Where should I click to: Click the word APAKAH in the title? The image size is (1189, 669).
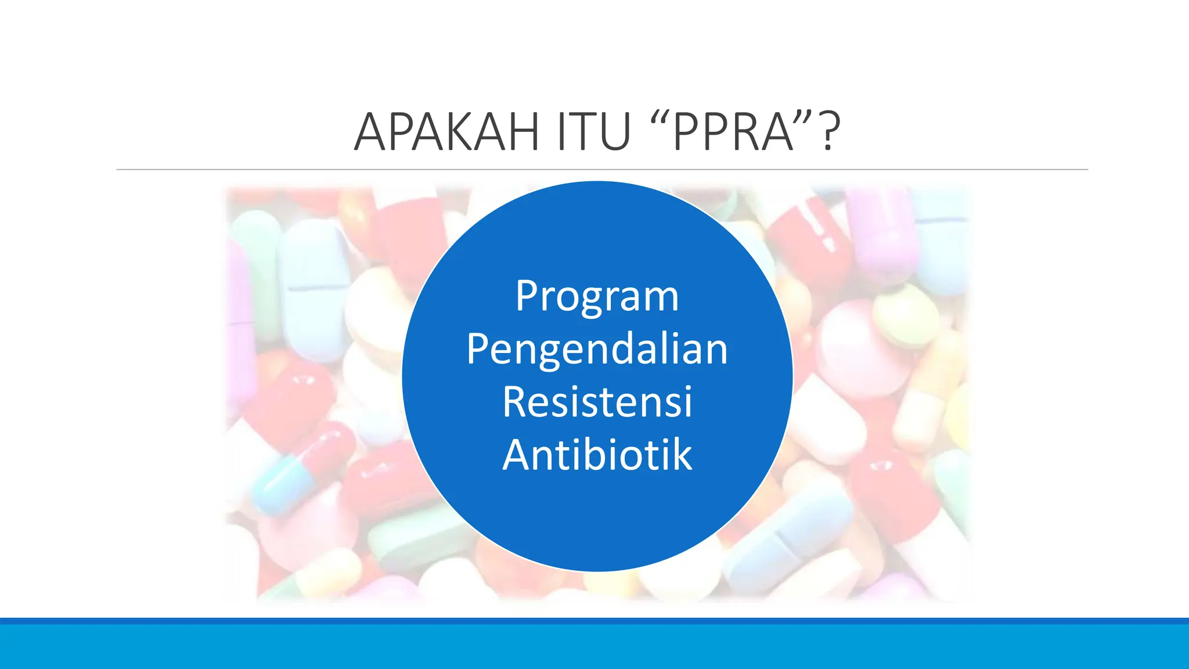tap(446, 132)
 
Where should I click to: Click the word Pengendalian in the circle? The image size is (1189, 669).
tap(597, 350)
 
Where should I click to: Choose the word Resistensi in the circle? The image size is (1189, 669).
tap(597, 402)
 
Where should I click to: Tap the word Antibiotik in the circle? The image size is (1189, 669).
tap(597, 455)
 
